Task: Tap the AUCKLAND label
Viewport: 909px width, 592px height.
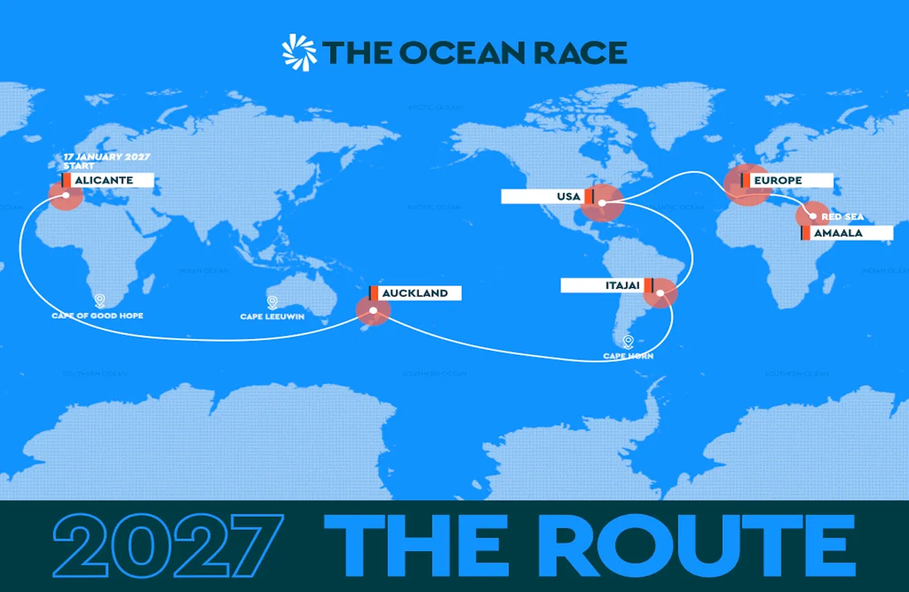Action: (x=416, y=293)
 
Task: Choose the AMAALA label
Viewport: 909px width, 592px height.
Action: (x=847, y=233)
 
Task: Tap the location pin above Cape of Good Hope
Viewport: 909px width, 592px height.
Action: (x=99, y=301)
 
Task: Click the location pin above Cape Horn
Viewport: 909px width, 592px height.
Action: (x=628, y=342)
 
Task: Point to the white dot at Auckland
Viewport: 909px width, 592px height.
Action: (x=374, y=311)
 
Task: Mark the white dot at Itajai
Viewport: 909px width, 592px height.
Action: (x=659, y=293)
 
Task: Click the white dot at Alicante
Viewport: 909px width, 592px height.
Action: (x=66, y=195)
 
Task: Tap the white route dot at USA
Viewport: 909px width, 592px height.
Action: (x=602, y=203)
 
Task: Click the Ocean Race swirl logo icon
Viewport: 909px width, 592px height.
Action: (x=299, y=52)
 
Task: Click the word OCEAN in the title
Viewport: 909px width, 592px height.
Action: (x=450, y=53)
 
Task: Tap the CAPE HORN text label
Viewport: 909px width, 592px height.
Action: (x=628, y=357)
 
